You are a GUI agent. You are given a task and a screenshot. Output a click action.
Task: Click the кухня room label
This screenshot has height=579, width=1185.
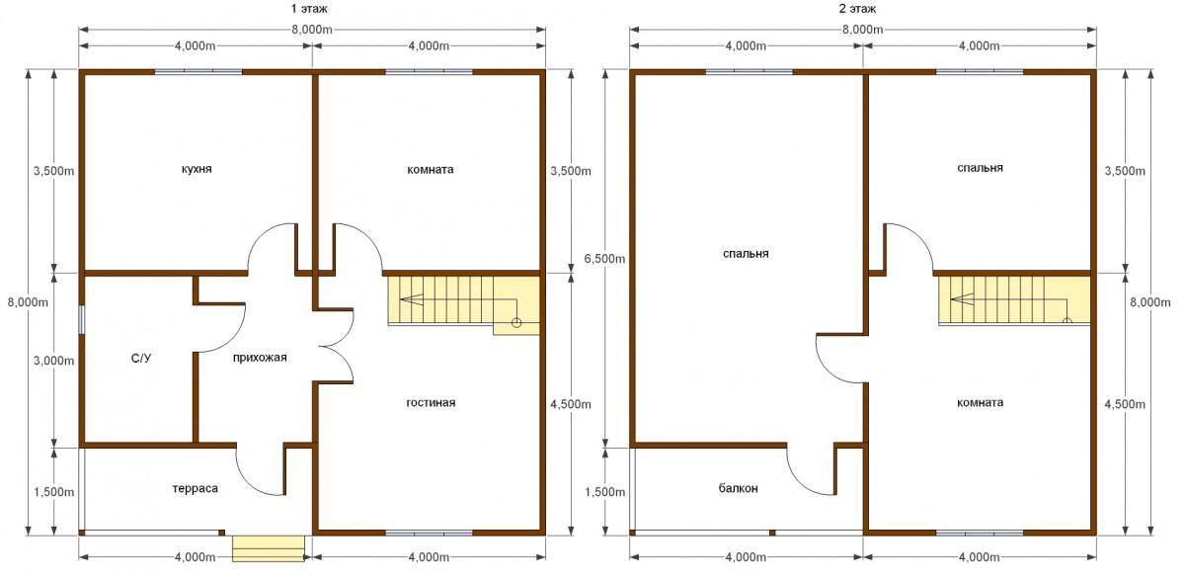tap(197, 169)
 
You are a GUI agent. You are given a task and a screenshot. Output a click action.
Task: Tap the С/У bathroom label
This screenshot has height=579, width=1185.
tap(140, 359)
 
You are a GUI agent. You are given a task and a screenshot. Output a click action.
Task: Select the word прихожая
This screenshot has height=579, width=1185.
tap(260, 358)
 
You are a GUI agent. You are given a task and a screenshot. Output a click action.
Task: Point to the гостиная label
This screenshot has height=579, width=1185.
tap(431, 403)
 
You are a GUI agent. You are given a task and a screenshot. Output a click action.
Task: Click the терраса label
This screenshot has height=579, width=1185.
tap(196, 488)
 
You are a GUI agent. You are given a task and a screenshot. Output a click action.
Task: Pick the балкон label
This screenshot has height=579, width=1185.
tap(738, 488)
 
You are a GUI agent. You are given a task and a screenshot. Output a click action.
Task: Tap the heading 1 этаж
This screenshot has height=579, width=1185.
tap(309, 9)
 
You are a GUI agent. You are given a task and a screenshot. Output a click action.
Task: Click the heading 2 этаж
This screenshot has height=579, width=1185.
tap(857, 9)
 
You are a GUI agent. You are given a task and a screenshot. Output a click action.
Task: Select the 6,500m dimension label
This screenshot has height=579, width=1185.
tap(604, 259)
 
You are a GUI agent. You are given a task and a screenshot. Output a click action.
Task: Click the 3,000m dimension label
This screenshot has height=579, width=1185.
tap(53, 361)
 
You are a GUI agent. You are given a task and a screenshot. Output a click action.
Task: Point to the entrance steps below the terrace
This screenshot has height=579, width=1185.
tap(269, 548)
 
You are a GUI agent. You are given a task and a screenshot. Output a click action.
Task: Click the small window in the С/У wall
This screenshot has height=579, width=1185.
tap(81, 320)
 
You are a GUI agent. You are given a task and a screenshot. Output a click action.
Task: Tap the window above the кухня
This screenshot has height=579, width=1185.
tap(198, 71)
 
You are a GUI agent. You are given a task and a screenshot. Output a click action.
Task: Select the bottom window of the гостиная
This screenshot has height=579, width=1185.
tap(429, 533)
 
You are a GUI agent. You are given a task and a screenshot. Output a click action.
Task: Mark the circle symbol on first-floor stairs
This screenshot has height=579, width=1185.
tap(516, 322)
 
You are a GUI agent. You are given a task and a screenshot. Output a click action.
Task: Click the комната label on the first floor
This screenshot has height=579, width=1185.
tap(431, 170)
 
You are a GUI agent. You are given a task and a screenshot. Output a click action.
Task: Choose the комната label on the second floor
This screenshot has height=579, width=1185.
tap(980, 403)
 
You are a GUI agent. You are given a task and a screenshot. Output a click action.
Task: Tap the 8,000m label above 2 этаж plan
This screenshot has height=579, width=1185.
tap(862, 30)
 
